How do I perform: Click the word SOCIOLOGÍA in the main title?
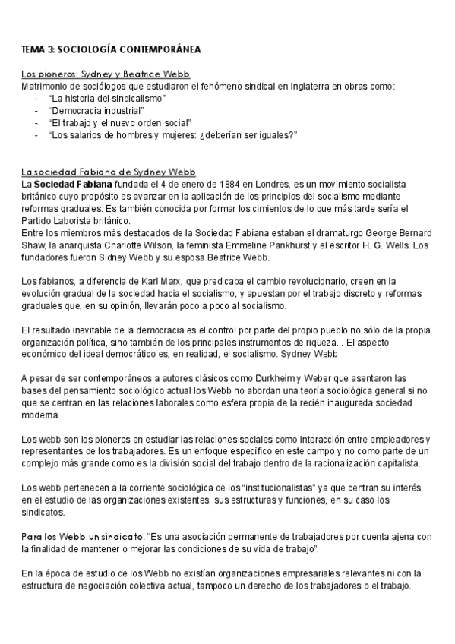91,49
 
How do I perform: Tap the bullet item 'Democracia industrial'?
95,111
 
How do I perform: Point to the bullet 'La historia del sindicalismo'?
106,99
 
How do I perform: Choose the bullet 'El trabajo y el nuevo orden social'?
118,123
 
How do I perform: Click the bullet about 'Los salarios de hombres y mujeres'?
171,135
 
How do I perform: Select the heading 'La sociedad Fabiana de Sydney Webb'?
109,172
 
